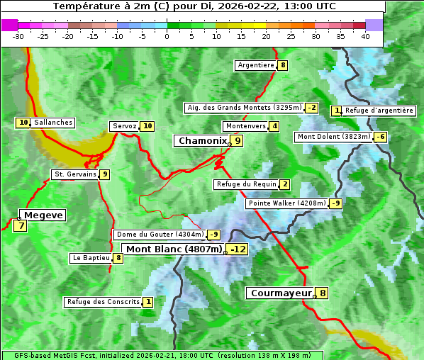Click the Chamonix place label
(202, 141)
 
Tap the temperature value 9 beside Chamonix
(238, 141)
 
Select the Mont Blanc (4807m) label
(174, 249)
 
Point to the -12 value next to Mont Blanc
(238, 249)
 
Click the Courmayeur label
(281, 293)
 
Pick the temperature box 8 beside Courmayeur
(323, 293)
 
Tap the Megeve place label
(43, 215)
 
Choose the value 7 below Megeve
(20, 227)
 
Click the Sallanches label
(53, 123)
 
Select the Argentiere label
(256, 65)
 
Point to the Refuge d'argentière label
(379, 111)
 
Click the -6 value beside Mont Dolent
(381, 137)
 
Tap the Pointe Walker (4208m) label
(287, 203)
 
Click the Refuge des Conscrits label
(103, 302)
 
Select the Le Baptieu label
(91, 258)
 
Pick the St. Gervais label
(75, 174)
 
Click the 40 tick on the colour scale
(365, 36)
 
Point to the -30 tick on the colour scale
(18, 36)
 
